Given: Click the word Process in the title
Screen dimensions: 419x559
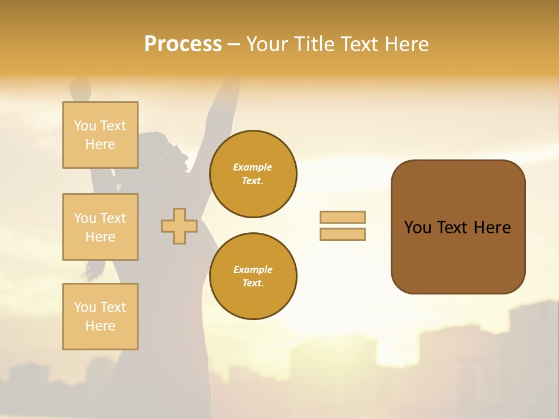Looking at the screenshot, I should [x=183, y=44].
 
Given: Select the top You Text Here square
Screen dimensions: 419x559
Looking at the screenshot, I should [x=100, y=135].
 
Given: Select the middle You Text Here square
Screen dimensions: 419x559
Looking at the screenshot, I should [x=100, y=227].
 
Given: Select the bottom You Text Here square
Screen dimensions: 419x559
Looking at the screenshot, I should [x=100, y=317].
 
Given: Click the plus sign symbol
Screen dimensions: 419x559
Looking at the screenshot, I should [x=179, y=226].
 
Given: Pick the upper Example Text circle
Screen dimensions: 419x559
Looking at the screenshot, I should [x=253, y=174].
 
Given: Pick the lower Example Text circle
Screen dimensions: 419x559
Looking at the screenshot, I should [x=253, y=276].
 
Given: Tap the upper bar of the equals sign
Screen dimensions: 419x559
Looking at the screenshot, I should [x=342, y=218].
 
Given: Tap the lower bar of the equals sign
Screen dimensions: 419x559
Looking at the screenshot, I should [x=342, y=235].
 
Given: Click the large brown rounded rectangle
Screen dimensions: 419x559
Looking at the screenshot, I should [x=458, y=256].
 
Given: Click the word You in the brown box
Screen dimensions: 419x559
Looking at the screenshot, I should [x=418, y=228].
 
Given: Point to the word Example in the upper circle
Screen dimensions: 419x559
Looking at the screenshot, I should [x=253, y=167].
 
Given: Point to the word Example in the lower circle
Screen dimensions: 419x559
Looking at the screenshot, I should [x=253, y=269].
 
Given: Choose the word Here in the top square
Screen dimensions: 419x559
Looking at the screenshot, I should [x=100, y=144].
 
